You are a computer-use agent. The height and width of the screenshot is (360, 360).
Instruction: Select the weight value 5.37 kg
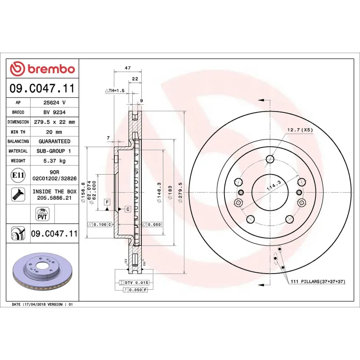54,161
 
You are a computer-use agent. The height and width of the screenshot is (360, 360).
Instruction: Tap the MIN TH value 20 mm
54,132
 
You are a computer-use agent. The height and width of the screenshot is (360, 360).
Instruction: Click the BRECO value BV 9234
54,112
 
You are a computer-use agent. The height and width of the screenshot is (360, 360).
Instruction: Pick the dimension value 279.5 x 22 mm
54,122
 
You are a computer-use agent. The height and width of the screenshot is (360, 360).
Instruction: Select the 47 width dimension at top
127,68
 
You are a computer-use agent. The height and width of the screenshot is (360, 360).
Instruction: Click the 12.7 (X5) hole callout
300,130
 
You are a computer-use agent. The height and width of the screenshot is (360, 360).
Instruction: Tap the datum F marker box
107,202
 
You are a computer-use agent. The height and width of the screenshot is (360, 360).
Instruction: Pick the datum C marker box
127,209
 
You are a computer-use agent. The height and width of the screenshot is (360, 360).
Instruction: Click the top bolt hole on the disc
270,159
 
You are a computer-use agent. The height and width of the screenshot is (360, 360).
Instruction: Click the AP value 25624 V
54,103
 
